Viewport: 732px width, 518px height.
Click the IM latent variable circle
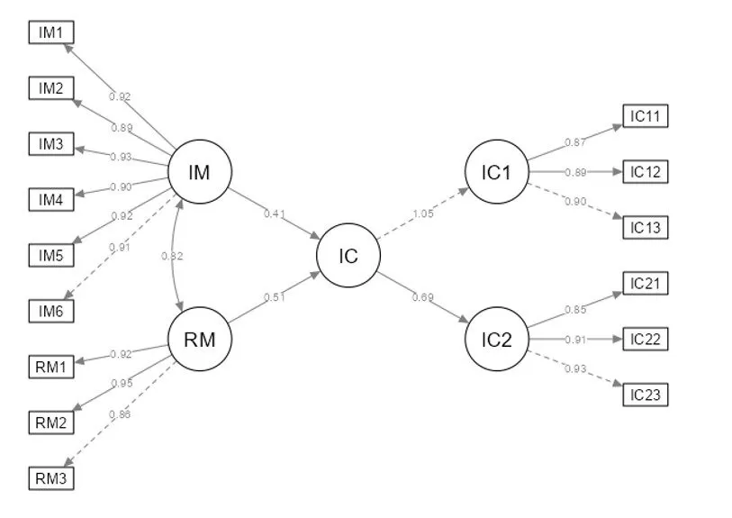201,172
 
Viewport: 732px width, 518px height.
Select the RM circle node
201,340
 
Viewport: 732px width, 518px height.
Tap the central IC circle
348,256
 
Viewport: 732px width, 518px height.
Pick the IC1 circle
496,172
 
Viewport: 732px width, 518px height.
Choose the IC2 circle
496,340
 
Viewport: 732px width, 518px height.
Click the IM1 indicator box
50,32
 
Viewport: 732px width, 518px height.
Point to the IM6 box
50,311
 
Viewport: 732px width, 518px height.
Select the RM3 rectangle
50,477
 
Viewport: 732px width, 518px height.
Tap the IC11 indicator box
646,116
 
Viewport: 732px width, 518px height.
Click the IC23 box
646,395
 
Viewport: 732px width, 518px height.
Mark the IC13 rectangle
646,227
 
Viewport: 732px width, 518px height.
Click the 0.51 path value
274,296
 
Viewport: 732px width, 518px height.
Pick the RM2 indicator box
50,422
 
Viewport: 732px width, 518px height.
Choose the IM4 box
50,199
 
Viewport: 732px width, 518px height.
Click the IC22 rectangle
646,339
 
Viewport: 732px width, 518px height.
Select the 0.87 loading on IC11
574,142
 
